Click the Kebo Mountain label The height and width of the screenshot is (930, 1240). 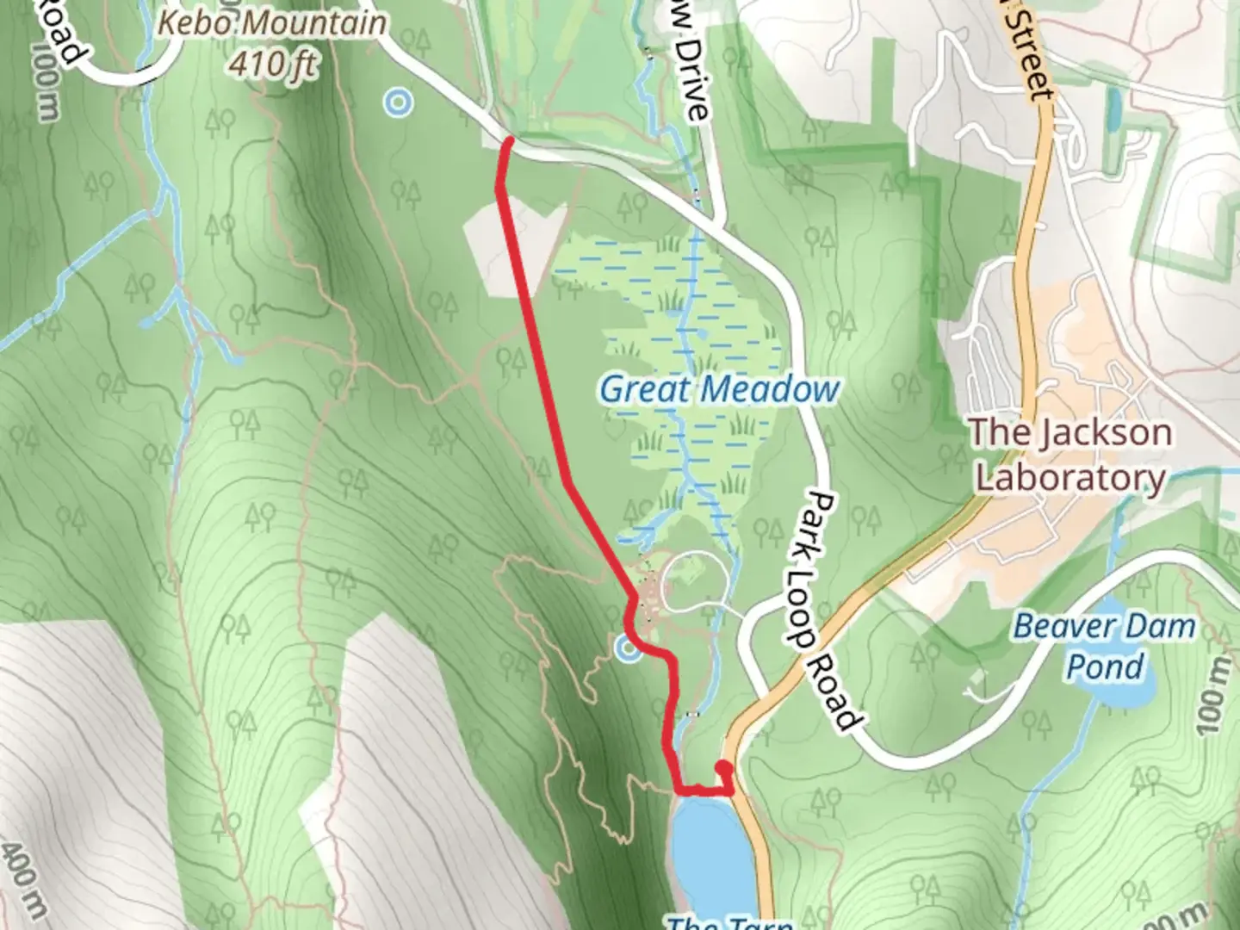pos(273,23)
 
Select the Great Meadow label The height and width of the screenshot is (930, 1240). pos(719,389)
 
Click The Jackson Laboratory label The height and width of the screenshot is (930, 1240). pos(1071,455)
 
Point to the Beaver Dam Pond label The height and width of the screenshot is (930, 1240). pos(1105,646)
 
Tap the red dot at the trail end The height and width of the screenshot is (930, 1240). pos(724,769)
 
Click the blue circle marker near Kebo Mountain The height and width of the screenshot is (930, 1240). pos(398,103)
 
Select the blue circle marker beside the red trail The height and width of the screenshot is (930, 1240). pos(629,649)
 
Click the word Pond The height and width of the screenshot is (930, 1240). pos(1105,666)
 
